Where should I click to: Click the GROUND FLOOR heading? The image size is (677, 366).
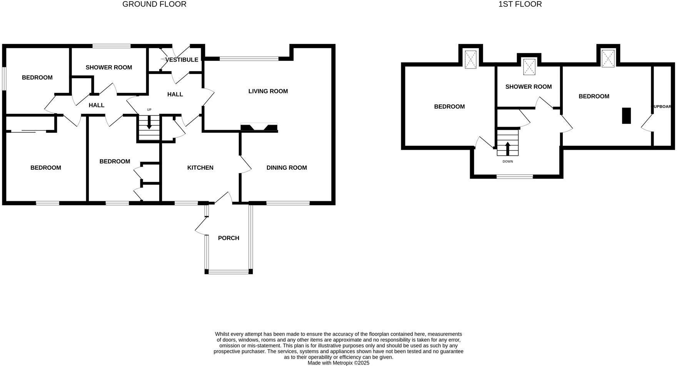point(154,4)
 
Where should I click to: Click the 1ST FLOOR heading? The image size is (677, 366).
point(520,4)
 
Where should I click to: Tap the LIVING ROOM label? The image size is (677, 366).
point(268,91)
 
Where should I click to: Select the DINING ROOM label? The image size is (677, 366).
point(287,167)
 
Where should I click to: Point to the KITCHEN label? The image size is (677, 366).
point(200,167)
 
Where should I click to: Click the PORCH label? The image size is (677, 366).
point(228,238)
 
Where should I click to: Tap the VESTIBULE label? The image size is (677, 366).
point(182,60)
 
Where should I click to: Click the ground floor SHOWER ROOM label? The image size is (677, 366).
point(109,67)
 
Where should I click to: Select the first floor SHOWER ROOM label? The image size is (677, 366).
point(529,87)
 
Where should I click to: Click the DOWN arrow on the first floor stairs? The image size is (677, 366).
point(507,148)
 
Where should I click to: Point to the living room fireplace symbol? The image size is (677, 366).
point(259,127)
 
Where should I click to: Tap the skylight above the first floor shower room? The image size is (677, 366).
point(529,67)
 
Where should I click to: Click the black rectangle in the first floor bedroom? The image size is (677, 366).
point(626,115)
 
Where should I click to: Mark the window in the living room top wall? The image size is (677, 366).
point(249,59)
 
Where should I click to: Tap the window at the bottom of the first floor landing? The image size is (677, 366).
point(515,177)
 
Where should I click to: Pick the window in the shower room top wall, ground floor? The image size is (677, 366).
point(112,46)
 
